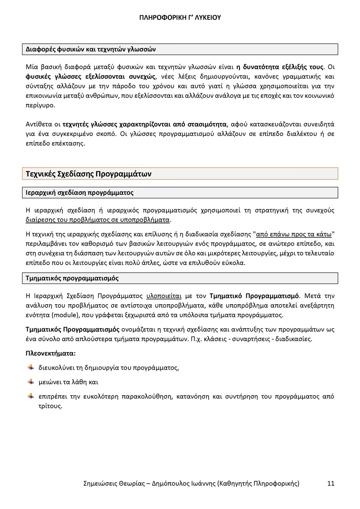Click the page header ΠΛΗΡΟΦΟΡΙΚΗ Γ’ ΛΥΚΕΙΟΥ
(180, 18)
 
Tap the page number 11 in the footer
(331, 483)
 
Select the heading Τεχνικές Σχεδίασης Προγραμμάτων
(89, 174)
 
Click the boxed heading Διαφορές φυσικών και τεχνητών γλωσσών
(91, 49)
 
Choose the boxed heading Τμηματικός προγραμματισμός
(72, 278)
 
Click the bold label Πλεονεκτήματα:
(51, 353)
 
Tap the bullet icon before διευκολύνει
(31, 367)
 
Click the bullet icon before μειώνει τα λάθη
(31, 382)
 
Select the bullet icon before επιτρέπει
(31, 396)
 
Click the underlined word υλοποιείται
(164, 296)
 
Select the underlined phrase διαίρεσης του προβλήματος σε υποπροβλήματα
(98, 220)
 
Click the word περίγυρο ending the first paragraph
(40, 105)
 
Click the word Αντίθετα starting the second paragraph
(39, 124)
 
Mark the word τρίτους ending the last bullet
(50, 406)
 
